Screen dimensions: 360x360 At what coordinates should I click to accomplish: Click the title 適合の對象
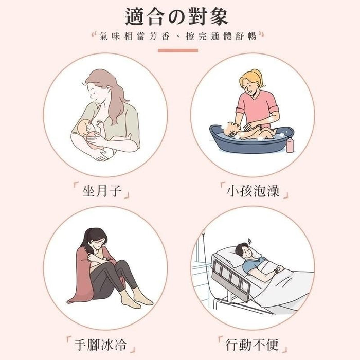click(x=176, y=16)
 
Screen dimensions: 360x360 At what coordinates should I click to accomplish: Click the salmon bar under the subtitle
click(x=177, y=50)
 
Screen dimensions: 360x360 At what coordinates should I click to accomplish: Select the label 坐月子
click(x=101, y=192)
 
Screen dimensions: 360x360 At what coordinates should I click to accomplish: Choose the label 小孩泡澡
click(x=253, y=192)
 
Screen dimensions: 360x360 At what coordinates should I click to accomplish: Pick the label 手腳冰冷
click(x=101, y=343)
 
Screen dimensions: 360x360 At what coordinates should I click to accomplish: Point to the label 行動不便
click(x=253, y=343)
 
